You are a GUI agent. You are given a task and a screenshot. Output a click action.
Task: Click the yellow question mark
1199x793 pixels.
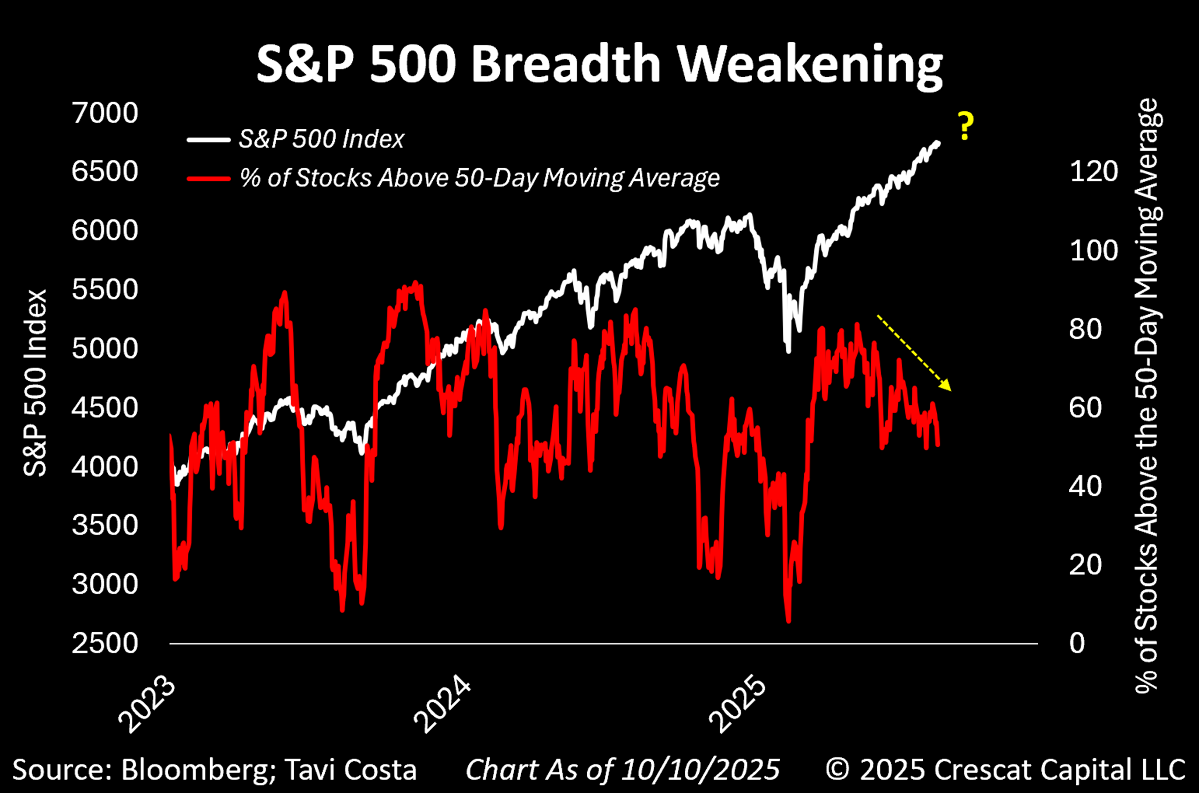965,126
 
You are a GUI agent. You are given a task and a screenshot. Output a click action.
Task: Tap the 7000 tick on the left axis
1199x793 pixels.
104,113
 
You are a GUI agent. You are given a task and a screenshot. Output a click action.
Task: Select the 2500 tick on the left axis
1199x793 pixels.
104,643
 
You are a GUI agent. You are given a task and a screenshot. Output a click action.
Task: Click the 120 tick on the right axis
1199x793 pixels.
1094,172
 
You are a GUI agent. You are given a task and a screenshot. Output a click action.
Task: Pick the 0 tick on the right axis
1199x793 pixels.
1077,643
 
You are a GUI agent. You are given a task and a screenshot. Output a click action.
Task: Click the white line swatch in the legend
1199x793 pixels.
208,140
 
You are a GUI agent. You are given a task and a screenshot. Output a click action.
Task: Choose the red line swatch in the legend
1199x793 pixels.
208,178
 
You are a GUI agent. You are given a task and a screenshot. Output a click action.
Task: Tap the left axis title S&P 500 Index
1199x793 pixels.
36,383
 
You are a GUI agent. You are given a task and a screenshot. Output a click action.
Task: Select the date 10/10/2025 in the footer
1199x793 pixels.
700,770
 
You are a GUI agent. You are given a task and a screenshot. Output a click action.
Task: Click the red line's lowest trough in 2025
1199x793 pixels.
788,620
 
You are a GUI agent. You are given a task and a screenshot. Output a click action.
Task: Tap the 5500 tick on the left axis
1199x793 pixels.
104,290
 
